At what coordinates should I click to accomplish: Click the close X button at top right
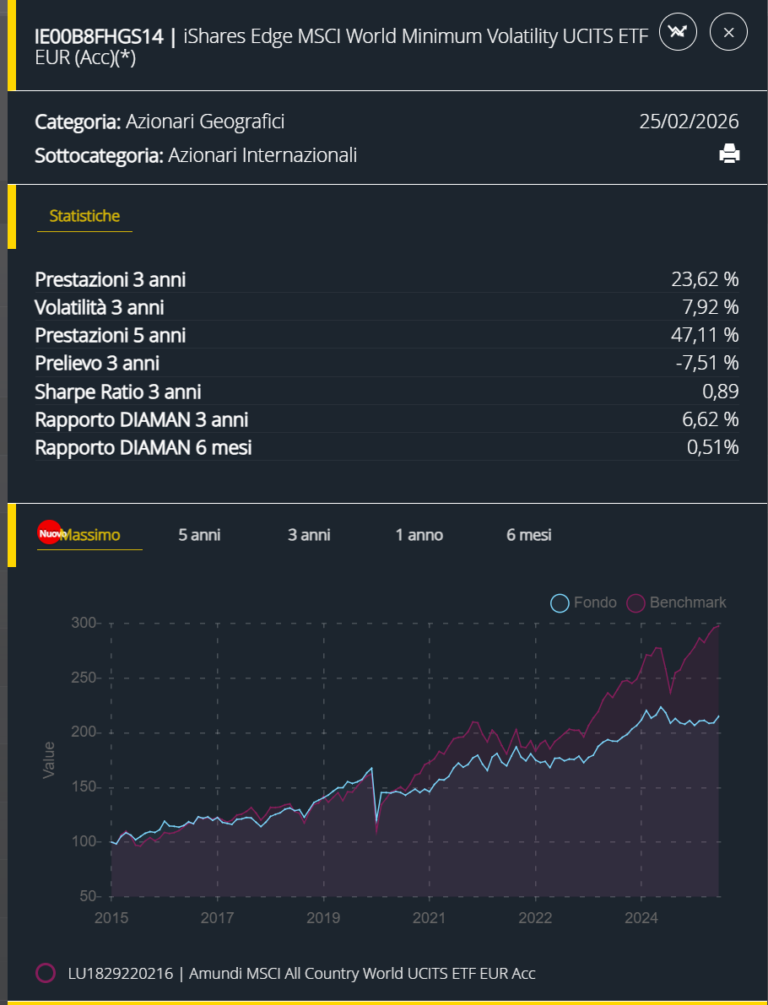(x=728, y=33)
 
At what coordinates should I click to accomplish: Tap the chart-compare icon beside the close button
(x=678, y=33)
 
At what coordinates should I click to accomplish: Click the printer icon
(x=729, y=154)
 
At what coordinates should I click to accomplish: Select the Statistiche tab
(x=84, y=216)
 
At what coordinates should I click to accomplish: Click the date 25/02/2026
(x=689, y=122)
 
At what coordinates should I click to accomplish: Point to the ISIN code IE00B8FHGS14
(x=98, y=36)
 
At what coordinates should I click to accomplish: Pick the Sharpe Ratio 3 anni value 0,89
(x=720, y=392)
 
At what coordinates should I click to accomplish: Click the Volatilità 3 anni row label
(x=100, y=307)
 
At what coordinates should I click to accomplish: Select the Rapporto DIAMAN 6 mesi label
(x=143, y=447)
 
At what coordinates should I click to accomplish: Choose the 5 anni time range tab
(x=199, y=535)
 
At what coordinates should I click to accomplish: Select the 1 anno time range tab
(x=419, y=535)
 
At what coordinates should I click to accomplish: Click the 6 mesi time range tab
(x=529, y=535)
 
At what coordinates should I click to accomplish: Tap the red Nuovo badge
(x=50, y=533)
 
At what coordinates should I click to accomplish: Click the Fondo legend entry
(x=584, y=602)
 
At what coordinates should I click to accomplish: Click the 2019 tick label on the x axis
(x=323, y=917)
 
